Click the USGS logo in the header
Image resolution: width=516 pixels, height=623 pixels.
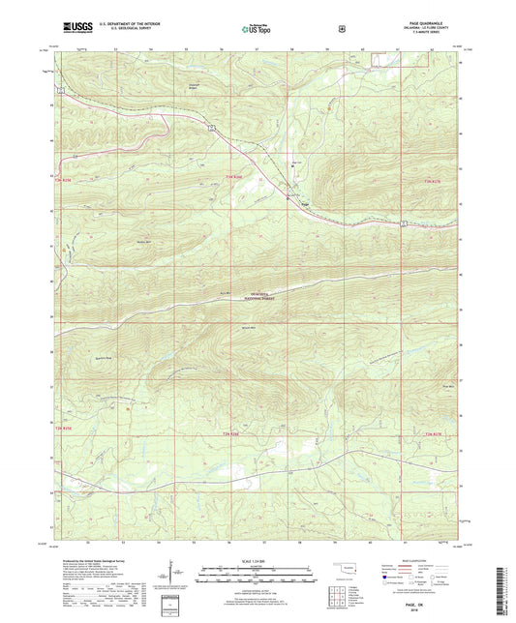click(75, 28)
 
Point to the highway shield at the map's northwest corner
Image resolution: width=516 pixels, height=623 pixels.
click(59, 91)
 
